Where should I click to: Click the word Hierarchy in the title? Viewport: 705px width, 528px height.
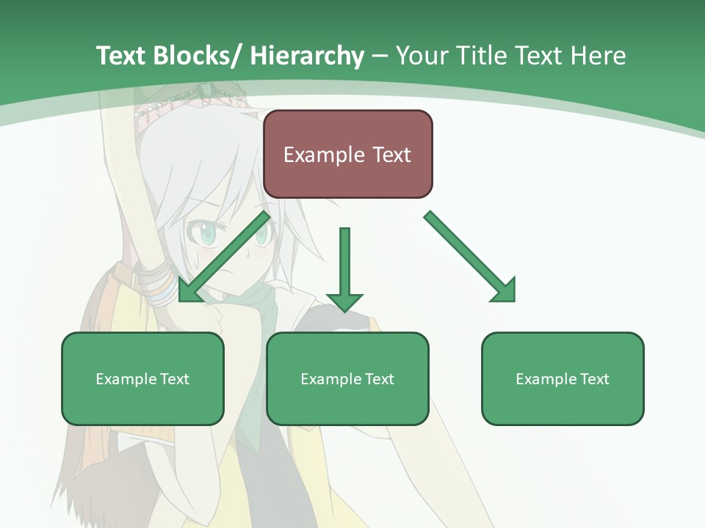click(x=307, y=56)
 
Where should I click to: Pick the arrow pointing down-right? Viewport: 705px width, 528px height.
click(x=470, y=257)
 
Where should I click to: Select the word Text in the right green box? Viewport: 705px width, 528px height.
click(x=595, y=379)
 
